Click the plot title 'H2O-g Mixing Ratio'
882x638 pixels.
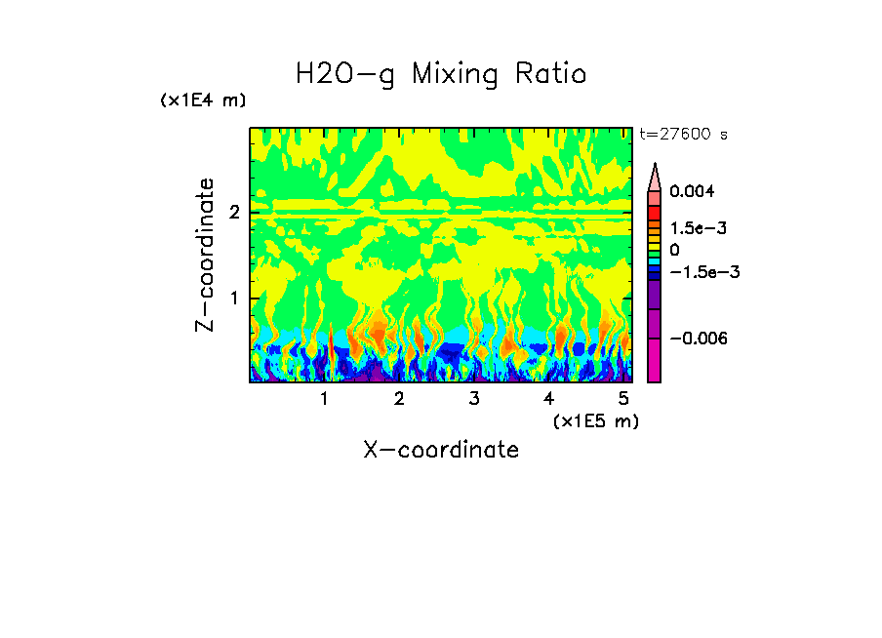[441, 74]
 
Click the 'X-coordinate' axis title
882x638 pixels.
[441, 450]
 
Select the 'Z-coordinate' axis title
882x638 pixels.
[205, 255]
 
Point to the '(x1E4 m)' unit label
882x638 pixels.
[203, 100]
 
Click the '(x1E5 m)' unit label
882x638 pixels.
[595, 420]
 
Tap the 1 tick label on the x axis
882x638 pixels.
[324, 398]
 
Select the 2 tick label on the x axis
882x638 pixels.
[399, 398]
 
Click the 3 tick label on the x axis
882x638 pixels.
[474, 398]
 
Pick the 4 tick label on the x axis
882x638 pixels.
[549, 398]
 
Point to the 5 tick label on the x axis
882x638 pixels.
[623, 398]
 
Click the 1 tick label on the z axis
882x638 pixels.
[234, 298]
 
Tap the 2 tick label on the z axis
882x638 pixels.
[234, 213]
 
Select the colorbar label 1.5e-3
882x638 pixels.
[692, 227]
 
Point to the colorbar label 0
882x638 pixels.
[674, 250]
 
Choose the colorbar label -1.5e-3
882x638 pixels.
[697, 272]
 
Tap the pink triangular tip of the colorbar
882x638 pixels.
[655, 176]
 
